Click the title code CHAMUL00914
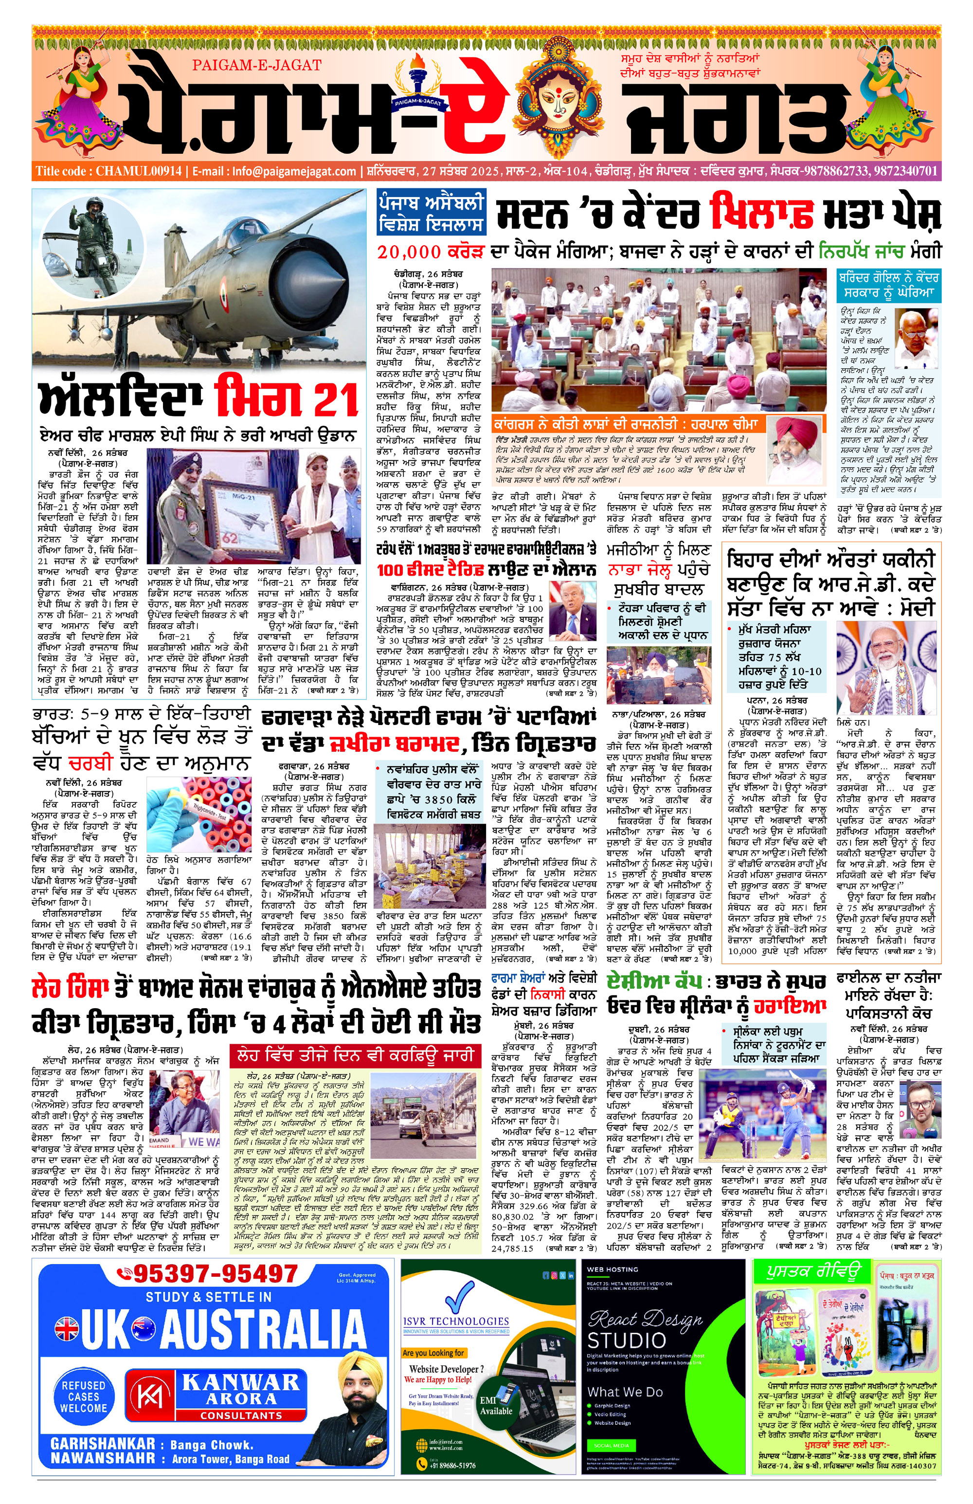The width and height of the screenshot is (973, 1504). pos(139,171)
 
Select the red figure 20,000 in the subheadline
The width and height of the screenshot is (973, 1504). pos(409,252)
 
